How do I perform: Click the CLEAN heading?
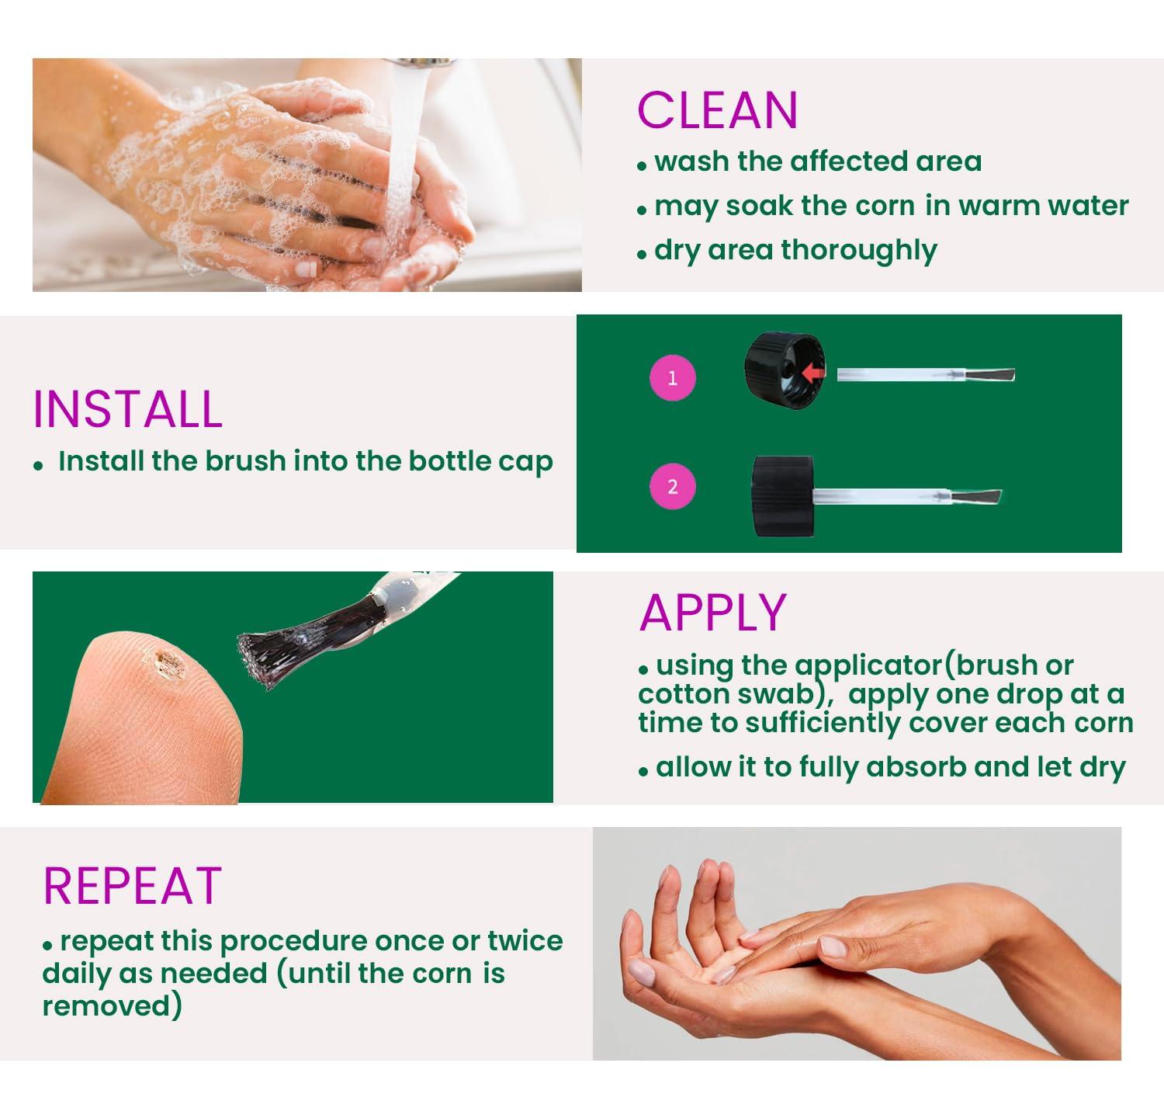717,110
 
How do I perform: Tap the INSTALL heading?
128,409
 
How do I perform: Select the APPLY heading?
713,613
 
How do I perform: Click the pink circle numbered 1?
672,378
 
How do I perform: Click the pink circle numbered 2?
672,487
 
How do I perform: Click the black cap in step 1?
780,365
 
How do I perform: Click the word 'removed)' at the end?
113,1005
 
